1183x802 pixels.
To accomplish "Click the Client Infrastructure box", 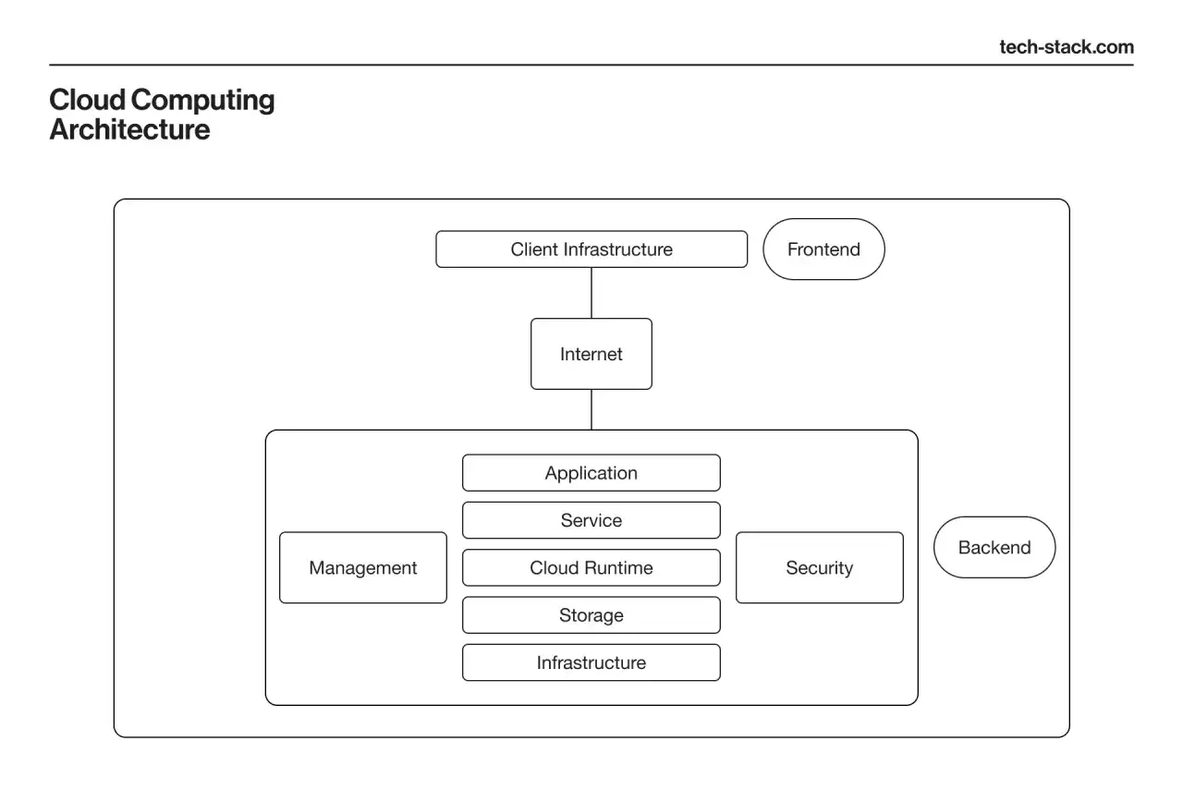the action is pyautogui.click(x=591, y=249).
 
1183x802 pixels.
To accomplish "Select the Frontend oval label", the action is pyautogui.click(x=823, y=249).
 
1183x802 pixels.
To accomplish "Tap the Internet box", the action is pyautogui.click(x=591, y=354).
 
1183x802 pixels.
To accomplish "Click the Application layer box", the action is pyautogui.click(x=591, y=472).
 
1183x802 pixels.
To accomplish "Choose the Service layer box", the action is pyautogui.click(x=591, y=520).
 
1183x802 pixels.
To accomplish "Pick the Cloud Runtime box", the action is pyautogui.click(x=591, y=567).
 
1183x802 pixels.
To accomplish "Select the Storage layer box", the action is pyautogui.click(x=591, y=615).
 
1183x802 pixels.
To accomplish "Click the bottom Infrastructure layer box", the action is pyautogui.click(x=591, y=662).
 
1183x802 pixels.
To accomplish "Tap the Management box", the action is pyautogui.click(x=363, y=567).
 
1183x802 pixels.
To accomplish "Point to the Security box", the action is pyautogui.click(x=820, y=567).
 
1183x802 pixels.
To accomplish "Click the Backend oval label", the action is pyautogui.click(x=994, y=548).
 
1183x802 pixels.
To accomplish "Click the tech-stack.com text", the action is pyautogui.click(x=1067, y=47).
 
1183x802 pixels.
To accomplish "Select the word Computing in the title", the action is pyautogui.click(x=202, y=101).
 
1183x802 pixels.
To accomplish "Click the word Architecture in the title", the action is pyautogui.click(x=130, y=129).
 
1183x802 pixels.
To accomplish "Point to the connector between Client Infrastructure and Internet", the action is pyautogui.click(x=591, y=293).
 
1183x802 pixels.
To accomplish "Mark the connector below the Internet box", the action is pyautogui.click(x=591, y=409).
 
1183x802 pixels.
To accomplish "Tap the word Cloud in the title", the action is pyautogui.click(x=88, y=100).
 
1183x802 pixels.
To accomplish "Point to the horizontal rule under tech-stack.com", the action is pyautogui.click(x=591, y=65).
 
